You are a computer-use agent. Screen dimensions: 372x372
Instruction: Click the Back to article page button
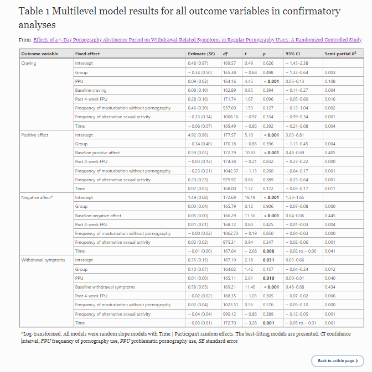(337, 360)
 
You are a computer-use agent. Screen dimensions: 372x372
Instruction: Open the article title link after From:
(198, 40)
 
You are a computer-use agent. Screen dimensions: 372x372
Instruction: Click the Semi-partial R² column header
(340, 54)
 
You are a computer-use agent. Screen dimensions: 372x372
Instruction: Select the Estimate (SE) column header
(201, 54)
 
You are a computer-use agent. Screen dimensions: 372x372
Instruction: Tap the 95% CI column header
(293, 54)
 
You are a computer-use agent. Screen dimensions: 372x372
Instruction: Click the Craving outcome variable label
(28, 63)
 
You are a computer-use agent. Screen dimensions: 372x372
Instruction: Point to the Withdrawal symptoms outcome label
(43, 260)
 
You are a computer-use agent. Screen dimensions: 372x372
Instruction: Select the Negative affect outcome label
(37, 197)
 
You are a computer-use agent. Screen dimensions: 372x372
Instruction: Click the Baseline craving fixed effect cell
(91, 90)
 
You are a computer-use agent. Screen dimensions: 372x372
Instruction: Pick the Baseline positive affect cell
(97, 153)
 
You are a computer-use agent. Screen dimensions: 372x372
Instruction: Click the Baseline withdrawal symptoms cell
(105, 287)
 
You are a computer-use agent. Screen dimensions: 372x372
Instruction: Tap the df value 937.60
(230, 108)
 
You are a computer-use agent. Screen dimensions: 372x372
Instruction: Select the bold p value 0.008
(268, 251)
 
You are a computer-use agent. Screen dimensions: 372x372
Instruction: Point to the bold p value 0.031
(268, 260)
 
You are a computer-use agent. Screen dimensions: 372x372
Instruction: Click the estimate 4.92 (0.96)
(198, 135)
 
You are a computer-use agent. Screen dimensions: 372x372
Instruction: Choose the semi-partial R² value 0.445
(330, 216)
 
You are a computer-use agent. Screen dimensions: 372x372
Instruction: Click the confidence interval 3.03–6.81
(295, 135)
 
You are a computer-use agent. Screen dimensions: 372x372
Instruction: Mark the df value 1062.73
(230, 233)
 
